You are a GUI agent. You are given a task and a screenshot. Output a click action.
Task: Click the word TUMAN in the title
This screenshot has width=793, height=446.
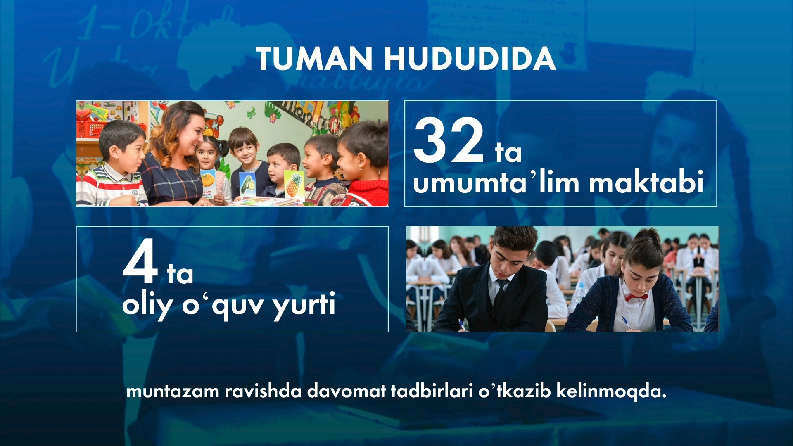tap(314, 59)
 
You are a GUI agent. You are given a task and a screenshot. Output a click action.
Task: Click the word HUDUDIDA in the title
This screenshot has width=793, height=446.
tap(470, 59)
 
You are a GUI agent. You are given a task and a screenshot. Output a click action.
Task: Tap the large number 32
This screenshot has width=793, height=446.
tap(449, 140)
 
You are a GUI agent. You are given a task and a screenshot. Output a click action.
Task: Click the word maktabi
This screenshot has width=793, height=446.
tap(646, 181)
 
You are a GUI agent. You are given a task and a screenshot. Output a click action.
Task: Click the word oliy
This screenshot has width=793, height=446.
tap(147, 305)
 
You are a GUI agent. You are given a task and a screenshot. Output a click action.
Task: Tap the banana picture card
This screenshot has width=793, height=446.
tap(208, 181)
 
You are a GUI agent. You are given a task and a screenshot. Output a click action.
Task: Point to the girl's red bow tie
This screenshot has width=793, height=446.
tap(636, 297)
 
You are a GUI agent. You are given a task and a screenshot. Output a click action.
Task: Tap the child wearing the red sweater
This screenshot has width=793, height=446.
tap(363, 165)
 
